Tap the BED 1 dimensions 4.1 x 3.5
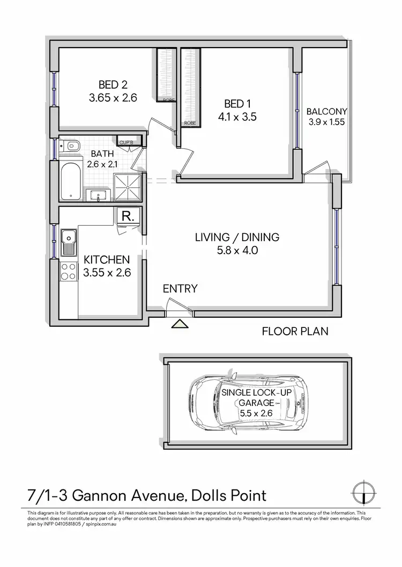click(x=234, y=117)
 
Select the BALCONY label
click(x=326, y=112)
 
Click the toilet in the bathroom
click(x=72, y=146)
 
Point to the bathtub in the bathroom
click(x=70, y=181)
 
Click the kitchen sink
click(x=69, y=241)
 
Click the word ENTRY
click(x=180, y=289)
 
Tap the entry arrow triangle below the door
click(x=179, y=323)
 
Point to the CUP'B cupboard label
click(x=126, y=142)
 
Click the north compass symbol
click(x=364, y=493)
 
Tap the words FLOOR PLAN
click(x=295, y=332)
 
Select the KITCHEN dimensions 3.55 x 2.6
click(x=108, y=272)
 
